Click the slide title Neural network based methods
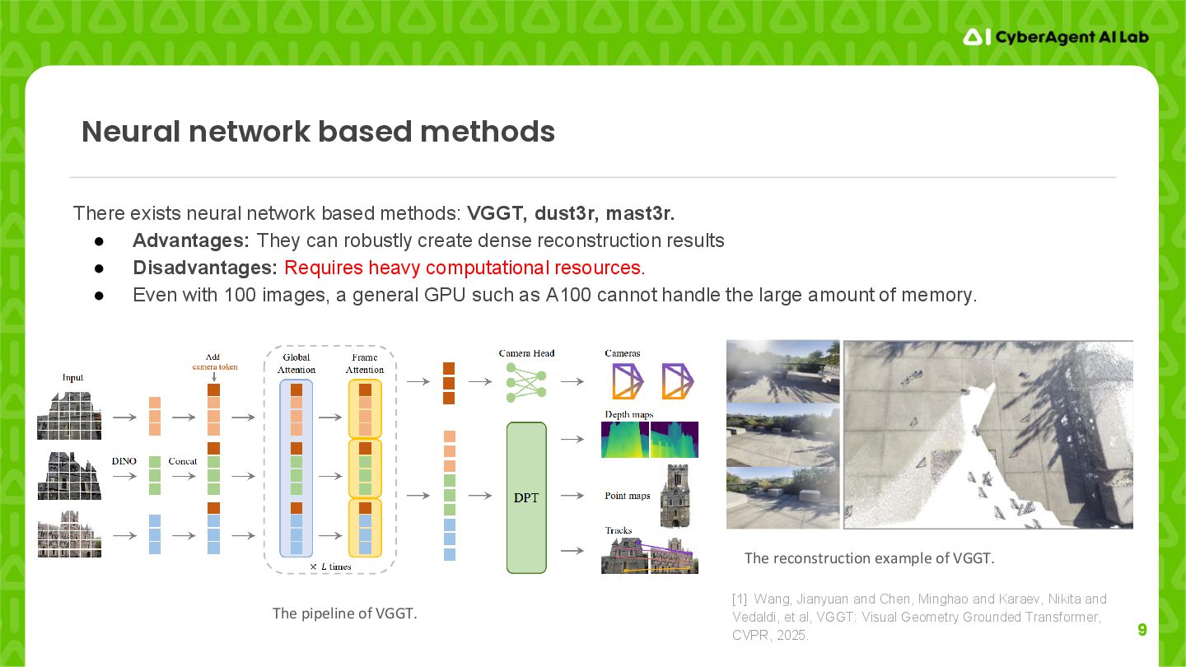(318, 132)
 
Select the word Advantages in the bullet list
(190, 240)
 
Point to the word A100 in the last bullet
(567, 295)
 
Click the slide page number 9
(1142, 631)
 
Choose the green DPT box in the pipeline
(526, 497)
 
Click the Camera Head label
(526, 353)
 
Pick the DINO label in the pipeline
(124, 461)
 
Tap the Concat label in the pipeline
(182, 461)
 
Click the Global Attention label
(296, 363)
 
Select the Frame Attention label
(365, 363)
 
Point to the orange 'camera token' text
(214, 366)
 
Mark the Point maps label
(628, 496)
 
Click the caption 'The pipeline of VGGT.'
(344, 613)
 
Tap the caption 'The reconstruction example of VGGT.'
(869, 558)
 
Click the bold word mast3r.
(640, 213)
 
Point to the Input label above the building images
(72, 377)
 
